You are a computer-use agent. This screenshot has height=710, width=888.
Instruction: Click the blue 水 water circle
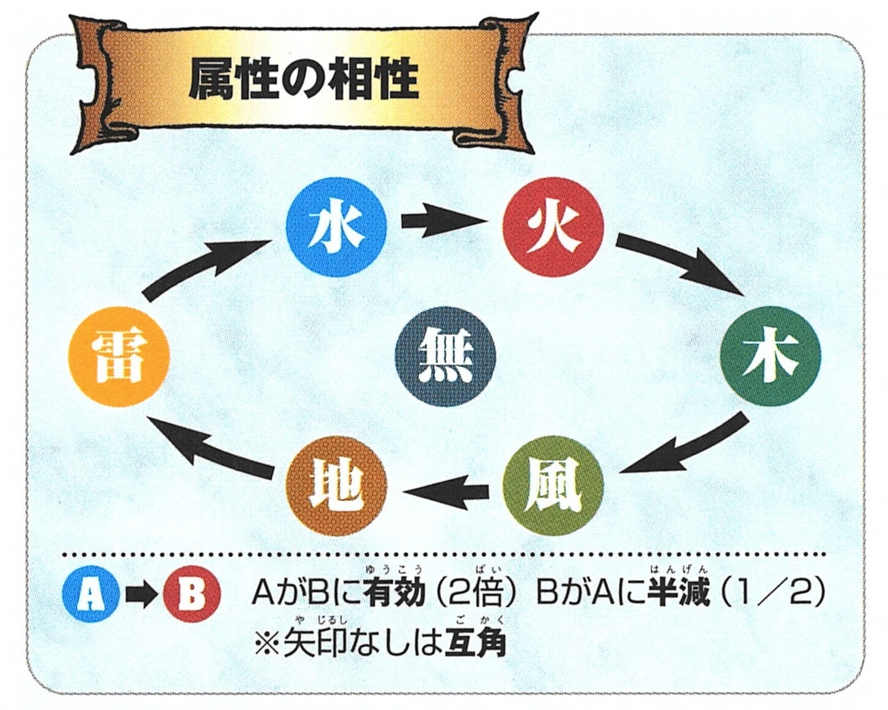(x=337, y=226)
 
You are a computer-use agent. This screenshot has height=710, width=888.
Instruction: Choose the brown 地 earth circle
(x=337, y=486)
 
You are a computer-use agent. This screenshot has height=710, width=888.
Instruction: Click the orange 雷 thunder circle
(x=118, y=357)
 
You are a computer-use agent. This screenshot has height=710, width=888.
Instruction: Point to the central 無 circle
(x=445, y=357)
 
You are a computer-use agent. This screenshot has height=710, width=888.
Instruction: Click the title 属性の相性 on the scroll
(x=304, y=80)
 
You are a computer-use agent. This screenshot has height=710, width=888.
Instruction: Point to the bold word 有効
(x=393, y=592)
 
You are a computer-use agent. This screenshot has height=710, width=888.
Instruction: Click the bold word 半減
(x=679, y=592)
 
